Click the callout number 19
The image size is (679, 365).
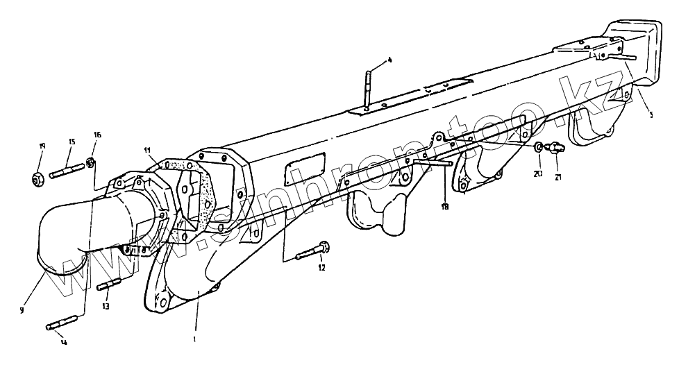tap(42, 146)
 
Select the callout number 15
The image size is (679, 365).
tap(71, 142)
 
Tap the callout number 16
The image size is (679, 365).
tap(97, 135)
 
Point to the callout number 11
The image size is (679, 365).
tap(147, 150)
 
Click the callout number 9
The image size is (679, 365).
tap(22, 310)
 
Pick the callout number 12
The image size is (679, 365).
tap(321, 267)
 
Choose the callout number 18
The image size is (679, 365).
tap(444, 206)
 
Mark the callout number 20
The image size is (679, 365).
tap(537, 174)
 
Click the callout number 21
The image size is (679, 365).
tap(558, 177)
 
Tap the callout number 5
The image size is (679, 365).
tap(651, 115)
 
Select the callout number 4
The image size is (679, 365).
tap(389, 60)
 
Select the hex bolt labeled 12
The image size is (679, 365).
tap(312, 251)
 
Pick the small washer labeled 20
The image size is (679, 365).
tap(539, 148)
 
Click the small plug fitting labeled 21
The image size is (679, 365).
tap(555, 147)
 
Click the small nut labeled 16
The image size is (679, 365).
tap(90, 163)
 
